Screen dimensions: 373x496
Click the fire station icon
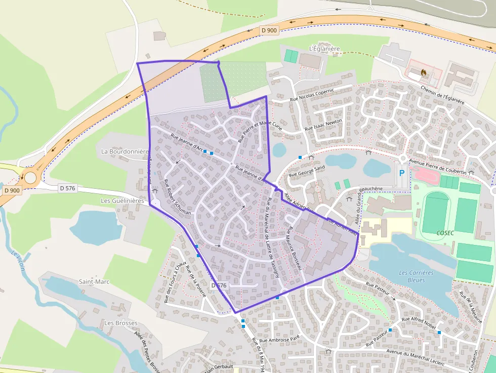pyautogui.click(x=423, y=72)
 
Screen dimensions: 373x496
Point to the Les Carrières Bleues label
pyautogui.click(x=416, y=276)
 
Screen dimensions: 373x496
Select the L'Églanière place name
pyautogui.click(x=324, y=49)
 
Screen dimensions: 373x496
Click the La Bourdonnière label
pyautogui.click(x=125, y=151)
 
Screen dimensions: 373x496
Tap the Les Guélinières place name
pyautogui.click(x=122, y=200)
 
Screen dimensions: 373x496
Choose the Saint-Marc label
pyautogui.click(x=94, y=281)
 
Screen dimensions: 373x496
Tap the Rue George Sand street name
pyautogui.click(x=306, y=171)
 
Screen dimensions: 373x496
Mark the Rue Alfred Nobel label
pyautogui.click(x=419, y=323)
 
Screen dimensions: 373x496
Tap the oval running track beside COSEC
pyautogui.click(x=435, y=212)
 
